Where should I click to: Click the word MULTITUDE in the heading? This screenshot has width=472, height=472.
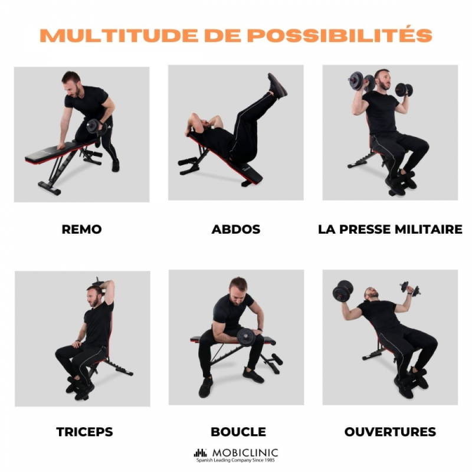coord(119,35)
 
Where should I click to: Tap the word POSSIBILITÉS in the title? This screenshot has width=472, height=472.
coord(340,35)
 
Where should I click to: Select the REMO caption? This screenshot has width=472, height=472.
coord(81,230)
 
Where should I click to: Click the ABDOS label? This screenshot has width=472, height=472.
coord(235,230)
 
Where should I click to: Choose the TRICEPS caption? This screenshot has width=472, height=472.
coord(84,432)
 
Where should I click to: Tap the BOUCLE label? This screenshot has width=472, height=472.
coord(238,432)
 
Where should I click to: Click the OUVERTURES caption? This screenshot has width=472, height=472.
coord(390,432)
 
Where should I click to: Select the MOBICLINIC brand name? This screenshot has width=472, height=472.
coord(245,453)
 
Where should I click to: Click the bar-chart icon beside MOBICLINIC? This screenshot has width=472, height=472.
coord(200,453)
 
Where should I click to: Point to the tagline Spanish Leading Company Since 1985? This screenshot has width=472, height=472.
coord(235,460)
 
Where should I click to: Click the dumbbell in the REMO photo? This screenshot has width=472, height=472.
coord(96,127)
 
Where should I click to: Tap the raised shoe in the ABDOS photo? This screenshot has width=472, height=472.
coord(277,86)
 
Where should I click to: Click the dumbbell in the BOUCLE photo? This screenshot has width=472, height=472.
coord(247,337)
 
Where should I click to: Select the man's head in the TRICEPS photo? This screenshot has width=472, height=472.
coord(94,296)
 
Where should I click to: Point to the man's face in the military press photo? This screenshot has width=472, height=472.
coord(383,80)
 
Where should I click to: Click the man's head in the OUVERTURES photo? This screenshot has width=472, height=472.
coord(372,293)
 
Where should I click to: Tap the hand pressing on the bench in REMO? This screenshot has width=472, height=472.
coord(62,146)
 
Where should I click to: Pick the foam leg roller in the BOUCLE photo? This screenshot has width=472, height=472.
coord(275,359)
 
